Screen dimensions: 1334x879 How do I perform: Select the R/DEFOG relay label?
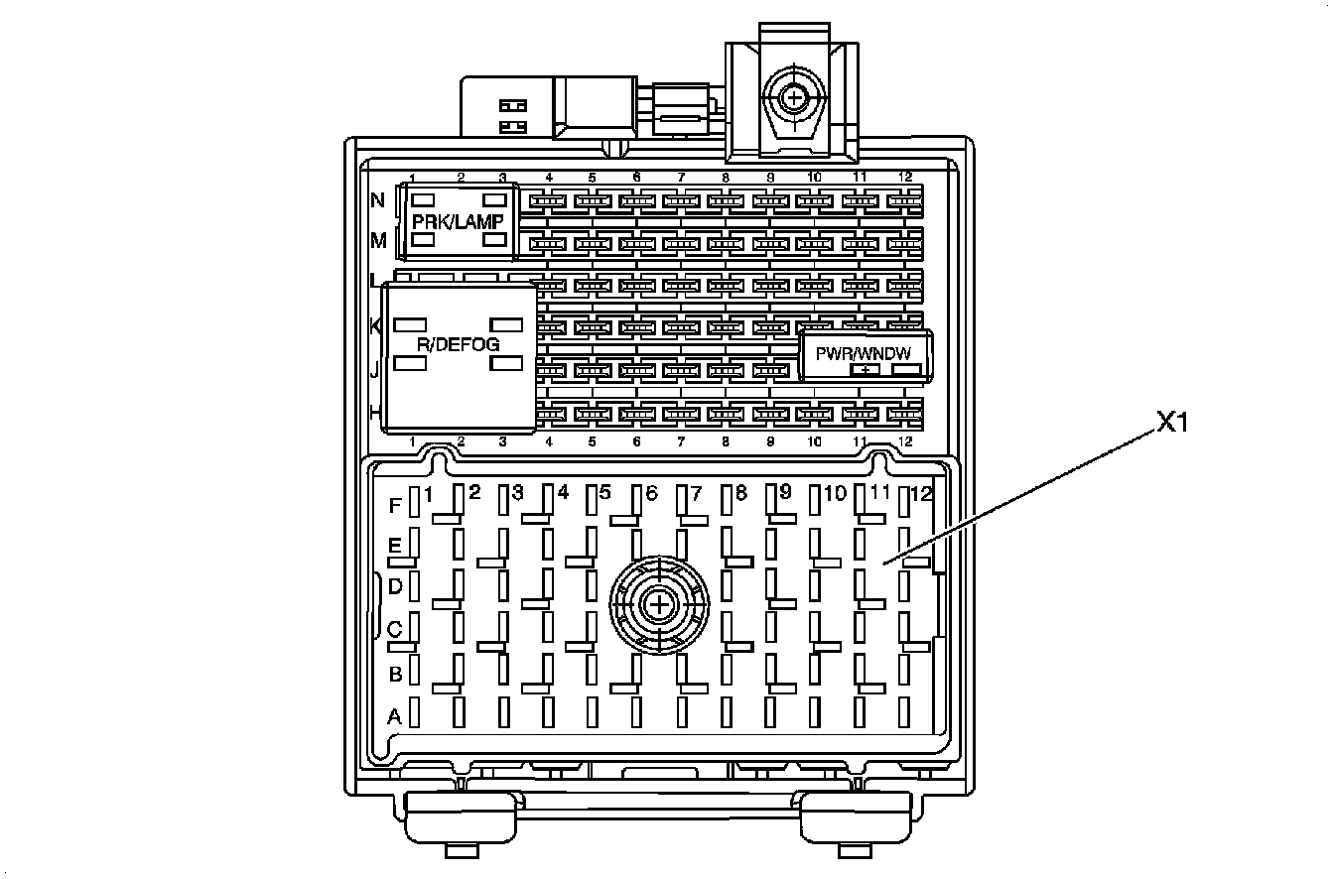point(458,344)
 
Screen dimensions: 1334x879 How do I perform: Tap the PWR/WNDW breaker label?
point(863,352)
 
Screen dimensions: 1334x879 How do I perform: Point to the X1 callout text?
point(1172,424)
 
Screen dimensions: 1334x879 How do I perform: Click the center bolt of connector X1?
point(656,603)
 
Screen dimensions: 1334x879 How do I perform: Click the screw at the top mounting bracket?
point(793,97)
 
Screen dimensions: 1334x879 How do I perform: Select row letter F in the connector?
point(395,506)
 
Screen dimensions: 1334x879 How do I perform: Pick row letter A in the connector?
point(394,715)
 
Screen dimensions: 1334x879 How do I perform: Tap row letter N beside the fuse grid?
point(377,200)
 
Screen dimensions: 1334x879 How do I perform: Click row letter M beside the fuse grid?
point(378,240)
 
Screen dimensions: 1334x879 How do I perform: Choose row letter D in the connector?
point(394,587)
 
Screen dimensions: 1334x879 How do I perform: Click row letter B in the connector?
point(395,675)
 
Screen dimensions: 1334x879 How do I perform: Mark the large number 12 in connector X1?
point(922,493)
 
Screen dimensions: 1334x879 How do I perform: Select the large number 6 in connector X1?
point(652,493)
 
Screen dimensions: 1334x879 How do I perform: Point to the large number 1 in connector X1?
point(429,493)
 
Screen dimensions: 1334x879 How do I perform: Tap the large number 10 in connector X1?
point(835,493)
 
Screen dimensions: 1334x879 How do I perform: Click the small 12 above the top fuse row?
point(905,177)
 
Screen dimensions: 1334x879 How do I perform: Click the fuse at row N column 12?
point(903,201)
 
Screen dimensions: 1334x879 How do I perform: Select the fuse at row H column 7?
point(681,413)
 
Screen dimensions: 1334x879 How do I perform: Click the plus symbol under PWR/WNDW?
point(867,371)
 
